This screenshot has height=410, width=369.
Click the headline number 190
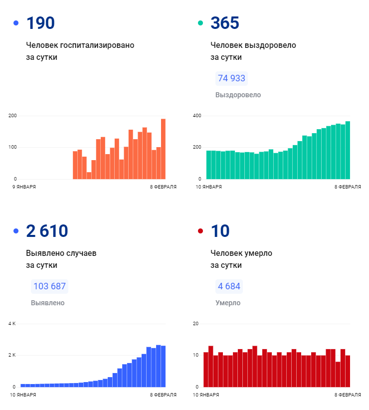pyautogui.click(x=40, y=23)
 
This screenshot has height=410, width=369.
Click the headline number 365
pyautogui.click(x=225, y=23)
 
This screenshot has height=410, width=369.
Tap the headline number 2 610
pyautogui.click(x=47, y=231)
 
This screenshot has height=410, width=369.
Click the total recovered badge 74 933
pyautogui.click(x=232, y=78)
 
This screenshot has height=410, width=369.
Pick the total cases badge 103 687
pyautogui.click(x=49, y=286)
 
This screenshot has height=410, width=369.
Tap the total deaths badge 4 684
pyautogui.click(x=229, y=286)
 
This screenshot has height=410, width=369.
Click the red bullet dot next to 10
pyautogui.click(x=200, y=231)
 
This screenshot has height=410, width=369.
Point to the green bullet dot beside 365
pyautogui.click(x=200, y=23)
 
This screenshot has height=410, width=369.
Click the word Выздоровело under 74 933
pyautogui.click(x=238, y=95)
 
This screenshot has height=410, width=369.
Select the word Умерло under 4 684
pyautogui.click(x=228, y=303)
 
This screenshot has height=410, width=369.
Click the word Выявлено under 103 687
pyautogui.click(x=47, y=303)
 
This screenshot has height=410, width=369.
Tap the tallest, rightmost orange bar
pyautogui.click(x=163, y=149)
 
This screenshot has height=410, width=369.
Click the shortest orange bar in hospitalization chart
pyautogui.click(x=89, y=176)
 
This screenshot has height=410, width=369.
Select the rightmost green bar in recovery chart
pyautogui.click(x=348, y=150)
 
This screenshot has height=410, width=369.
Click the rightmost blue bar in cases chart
pyautogui.click(x=163, y=366)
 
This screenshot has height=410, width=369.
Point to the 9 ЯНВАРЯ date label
pyautogui.click(x=24, y=187)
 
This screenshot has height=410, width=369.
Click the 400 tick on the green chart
pyautogui.click(x=197, y=116)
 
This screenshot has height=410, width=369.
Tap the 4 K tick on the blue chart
pyautogui.click(x=12, y=324)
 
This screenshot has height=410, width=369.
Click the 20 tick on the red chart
pyautogui.click(x=196, y=324)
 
